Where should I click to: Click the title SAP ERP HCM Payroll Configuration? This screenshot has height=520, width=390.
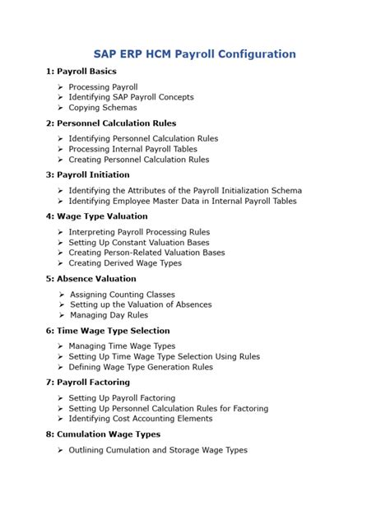click(194, 54)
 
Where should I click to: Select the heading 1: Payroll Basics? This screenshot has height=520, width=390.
click(81, 72)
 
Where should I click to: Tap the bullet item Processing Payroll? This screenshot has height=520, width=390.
click(103, 86)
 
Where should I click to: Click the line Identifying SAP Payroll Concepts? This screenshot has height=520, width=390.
click(131, 97)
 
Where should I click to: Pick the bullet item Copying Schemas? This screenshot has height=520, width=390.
click(102, 108)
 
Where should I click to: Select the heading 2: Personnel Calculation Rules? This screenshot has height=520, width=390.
click(110, 123)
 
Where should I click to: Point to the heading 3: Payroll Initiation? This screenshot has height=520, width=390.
click(87, 174)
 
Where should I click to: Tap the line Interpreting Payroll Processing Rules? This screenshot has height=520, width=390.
click(139, 232)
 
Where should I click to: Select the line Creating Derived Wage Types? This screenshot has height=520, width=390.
click(125, 263)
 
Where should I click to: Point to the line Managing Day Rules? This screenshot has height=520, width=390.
click(109, 315)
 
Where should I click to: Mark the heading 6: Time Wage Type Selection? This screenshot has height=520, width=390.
click(108, 331)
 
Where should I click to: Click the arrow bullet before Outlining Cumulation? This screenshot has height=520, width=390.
click(61, 450)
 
